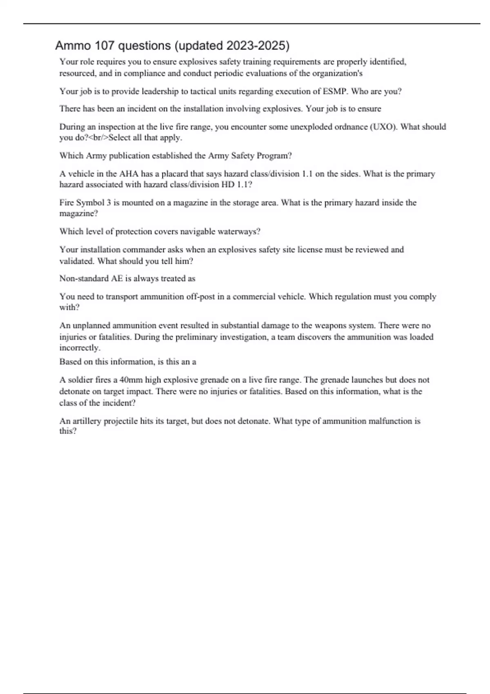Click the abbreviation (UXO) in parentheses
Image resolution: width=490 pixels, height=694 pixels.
[383, 127]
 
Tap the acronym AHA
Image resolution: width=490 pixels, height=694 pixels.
[129, 173]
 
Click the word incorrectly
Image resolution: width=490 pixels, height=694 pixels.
[80, 348]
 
